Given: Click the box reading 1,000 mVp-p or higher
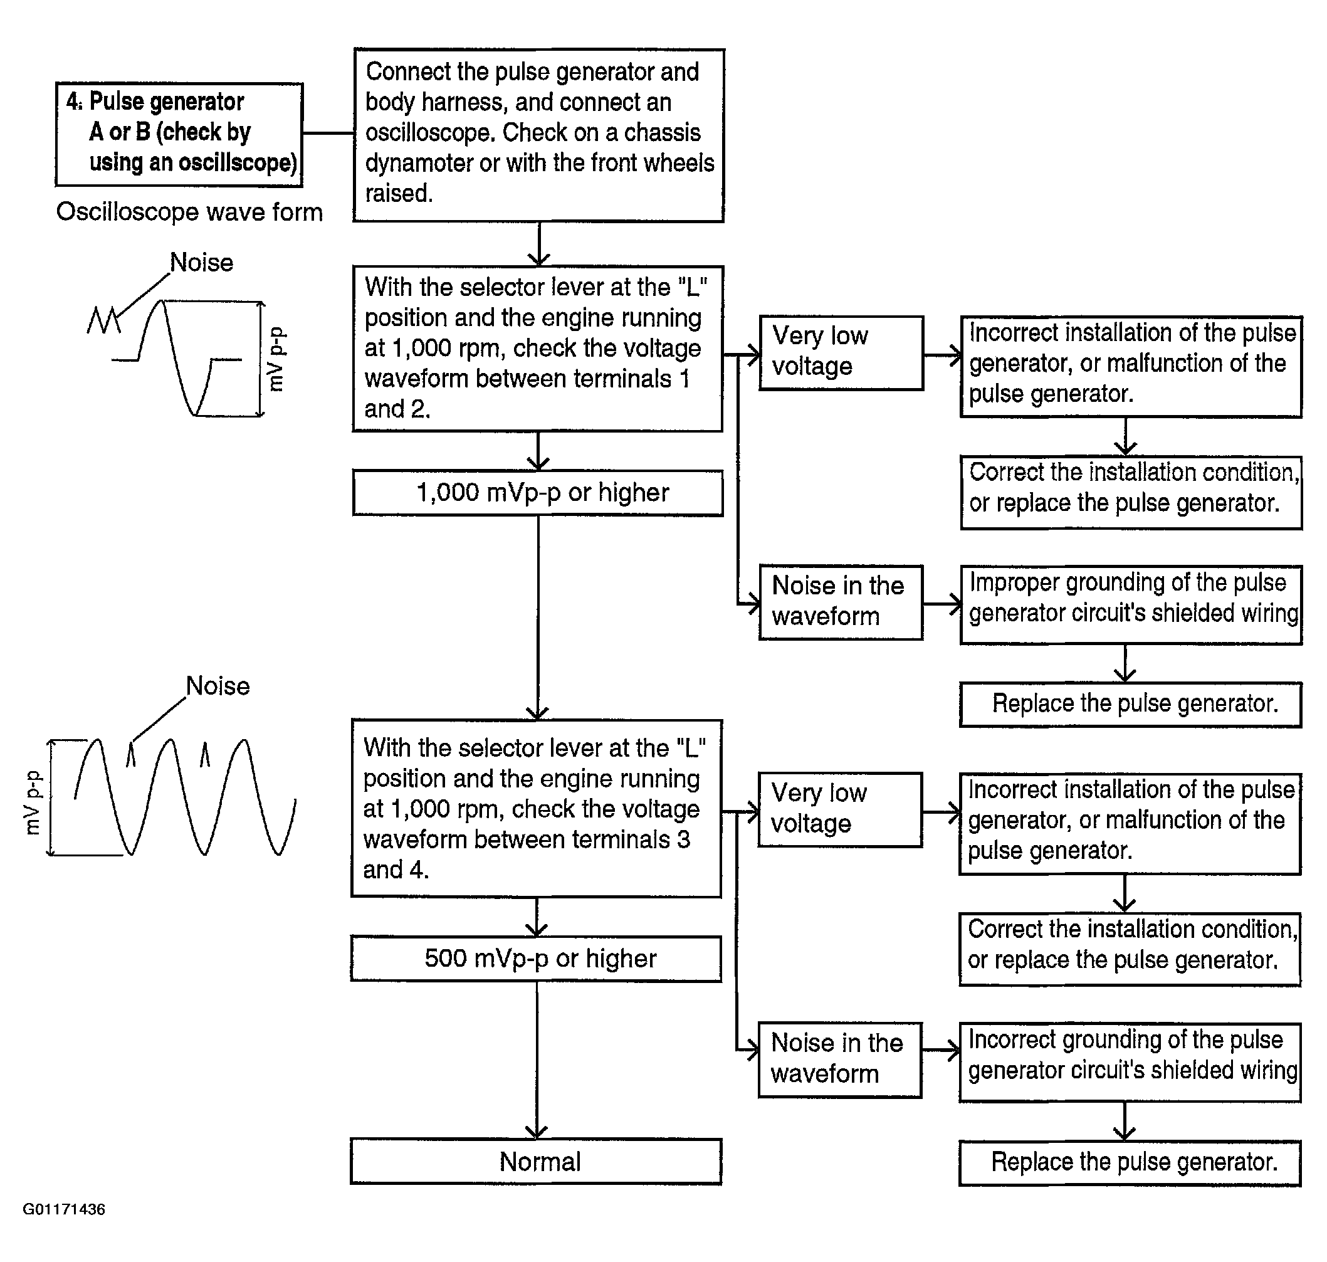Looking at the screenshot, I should click(537, 493).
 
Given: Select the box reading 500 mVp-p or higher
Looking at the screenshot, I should click(536, 959).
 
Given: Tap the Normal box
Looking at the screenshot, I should click(536, 1162).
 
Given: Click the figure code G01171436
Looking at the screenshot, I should click(64, 1209).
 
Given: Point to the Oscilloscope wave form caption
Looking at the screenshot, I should click(189, 212).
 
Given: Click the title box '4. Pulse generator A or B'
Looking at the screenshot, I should click(179, 134).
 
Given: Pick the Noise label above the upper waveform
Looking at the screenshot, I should click(201, 262).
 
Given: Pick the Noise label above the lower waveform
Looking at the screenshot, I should click(218, 686).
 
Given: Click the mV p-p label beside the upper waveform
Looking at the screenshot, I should click(276, 359).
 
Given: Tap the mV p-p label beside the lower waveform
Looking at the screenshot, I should click(33, 802).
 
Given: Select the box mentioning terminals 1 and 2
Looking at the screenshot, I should click(537, 349).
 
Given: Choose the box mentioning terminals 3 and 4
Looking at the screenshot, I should click(536, 809).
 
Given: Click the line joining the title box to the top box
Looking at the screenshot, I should click(328, 133).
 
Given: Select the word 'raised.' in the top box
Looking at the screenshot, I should click(398, 194).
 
